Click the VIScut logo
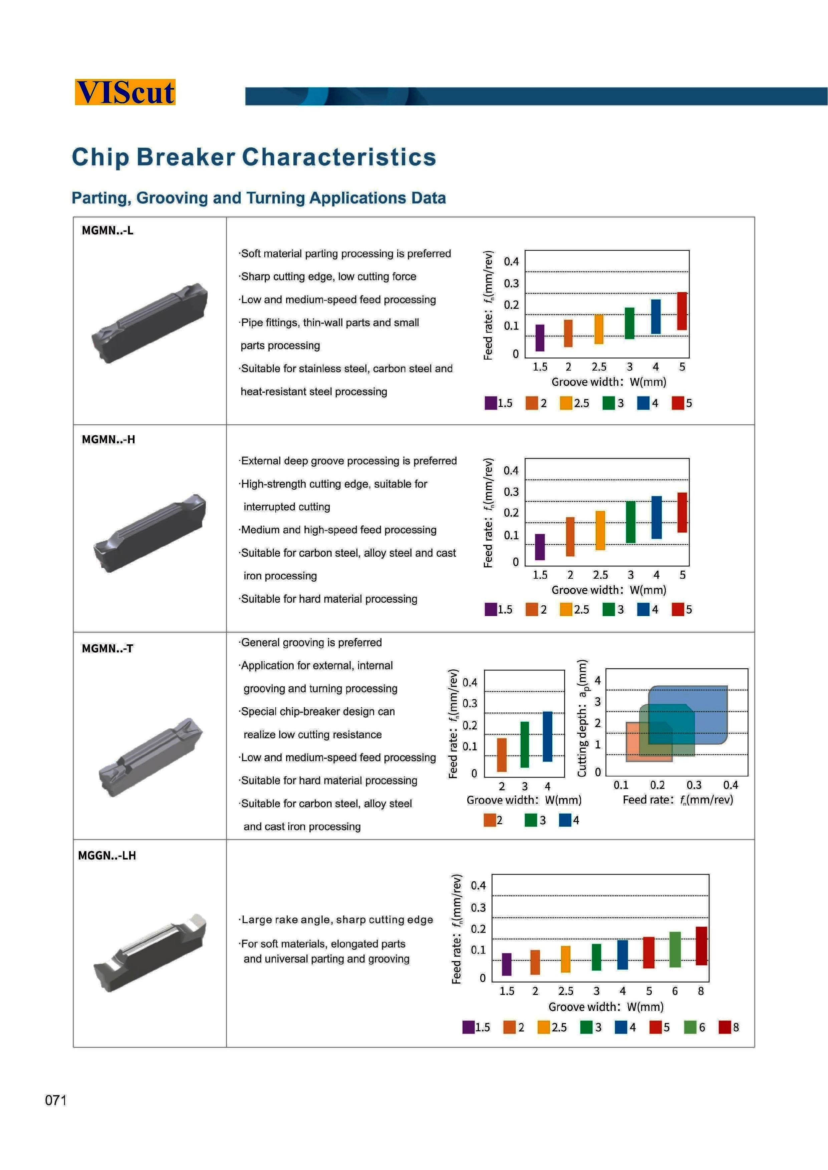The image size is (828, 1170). (125, 92)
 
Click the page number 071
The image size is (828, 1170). (56, 1100)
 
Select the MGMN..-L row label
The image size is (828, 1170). (107, 230)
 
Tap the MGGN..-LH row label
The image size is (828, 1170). (107, 855)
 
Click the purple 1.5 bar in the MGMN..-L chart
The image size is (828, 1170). (539, 338)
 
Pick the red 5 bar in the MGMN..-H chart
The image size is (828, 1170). (682, 512)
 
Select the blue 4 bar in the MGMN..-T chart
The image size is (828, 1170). (547, 736)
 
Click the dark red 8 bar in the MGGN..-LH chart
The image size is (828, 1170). (701, 946)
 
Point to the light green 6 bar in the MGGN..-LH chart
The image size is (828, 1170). (674, 949)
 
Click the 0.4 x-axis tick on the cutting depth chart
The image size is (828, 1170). (730, 785)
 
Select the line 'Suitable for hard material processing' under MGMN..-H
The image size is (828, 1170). (329, 599)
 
